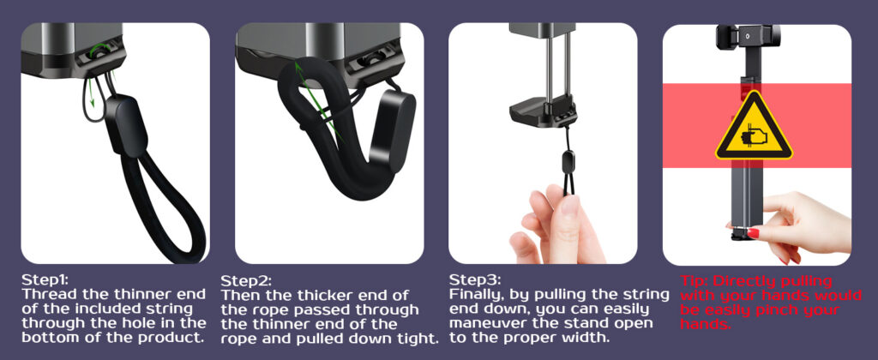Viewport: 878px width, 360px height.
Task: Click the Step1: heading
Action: pyautogui.click(x=45, y=279)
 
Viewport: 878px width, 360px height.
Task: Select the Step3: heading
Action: pyautogui.click(x=475, y=279)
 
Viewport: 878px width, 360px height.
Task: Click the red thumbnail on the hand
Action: pyautogui.click(x=753, y=233)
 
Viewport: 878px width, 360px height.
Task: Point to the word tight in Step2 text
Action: pyautogui.click(x=418, y=339)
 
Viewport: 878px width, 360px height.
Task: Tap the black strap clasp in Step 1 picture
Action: pyautogui.click(x=127, y=127)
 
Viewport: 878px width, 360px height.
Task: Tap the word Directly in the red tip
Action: pyautogui.click(x=741, y=281)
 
